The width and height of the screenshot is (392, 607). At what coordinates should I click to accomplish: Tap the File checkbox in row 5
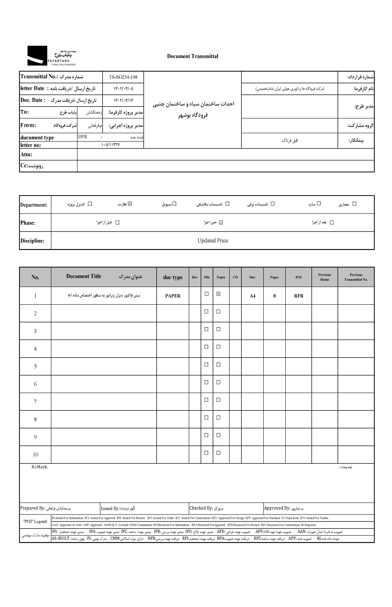coord(206,364)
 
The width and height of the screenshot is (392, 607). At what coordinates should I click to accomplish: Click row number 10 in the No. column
coord(35,455)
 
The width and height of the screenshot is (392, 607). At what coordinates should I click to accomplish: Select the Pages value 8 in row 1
coord(274,296)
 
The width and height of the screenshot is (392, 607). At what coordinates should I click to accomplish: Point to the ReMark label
coord(40,467)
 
